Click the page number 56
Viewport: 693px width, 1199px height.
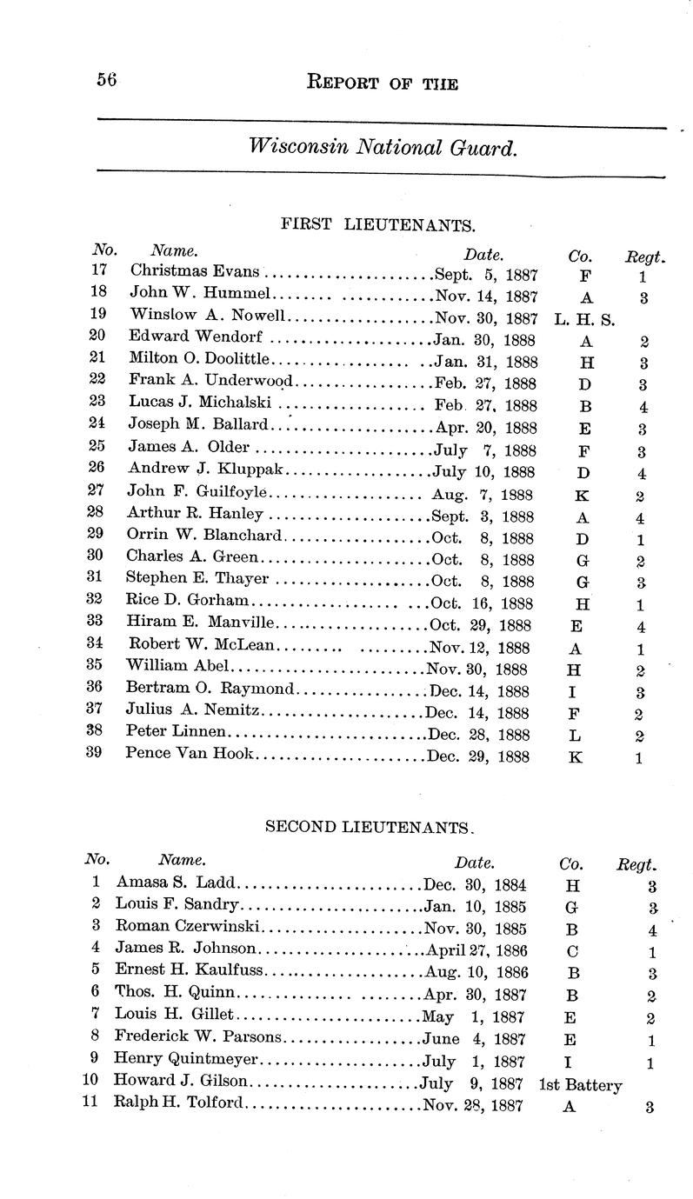click(107, 81)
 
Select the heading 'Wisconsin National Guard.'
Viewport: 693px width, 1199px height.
click(383, 147)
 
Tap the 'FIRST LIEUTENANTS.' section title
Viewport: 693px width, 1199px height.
click(377, 225)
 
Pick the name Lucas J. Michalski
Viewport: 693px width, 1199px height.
click(200, 404)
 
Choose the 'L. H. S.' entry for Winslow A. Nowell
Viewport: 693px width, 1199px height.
click(583, 319)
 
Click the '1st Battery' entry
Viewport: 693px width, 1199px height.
click(580, 1084)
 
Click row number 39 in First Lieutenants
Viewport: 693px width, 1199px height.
click(97, 753)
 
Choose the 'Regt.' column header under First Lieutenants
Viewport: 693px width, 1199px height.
click(645, 256)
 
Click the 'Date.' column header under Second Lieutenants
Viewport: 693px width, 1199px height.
click(475, 863)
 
